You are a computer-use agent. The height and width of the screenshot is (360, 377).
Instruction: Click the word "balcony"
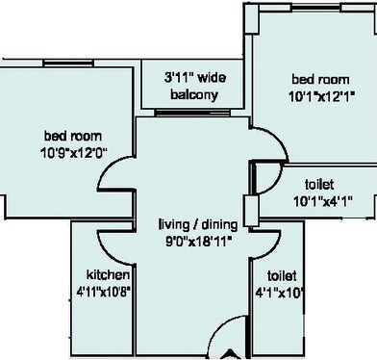pos(195,94)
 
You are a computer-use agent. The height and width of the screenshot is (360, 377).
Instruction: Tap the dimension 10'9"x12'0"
pos(74,151)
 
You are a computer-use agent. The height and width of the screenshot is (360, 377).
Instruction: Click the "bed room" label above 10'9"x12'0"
pos(72,136)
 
